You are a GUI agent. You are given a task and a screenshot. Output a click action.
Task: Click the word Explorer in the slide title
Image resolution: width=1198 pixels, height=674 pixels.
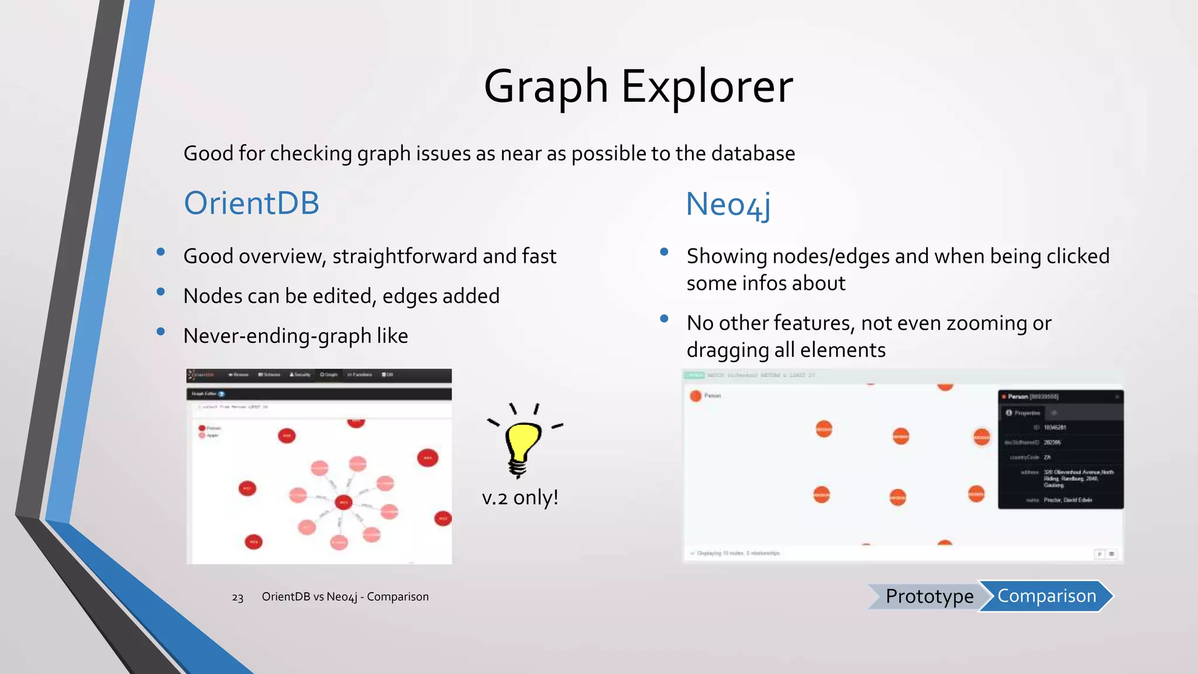pyautogui.click(x=706, y=87)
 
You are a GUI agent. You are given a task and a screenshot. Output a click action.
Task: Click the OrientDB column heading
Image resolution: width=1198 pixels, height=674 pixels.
pyautogui.click(x=252, y=204)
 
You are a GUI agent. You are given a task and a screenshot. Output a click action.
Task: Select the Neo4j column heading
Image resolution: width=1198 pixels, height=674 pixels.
pyautogui.click(x=728, y=205)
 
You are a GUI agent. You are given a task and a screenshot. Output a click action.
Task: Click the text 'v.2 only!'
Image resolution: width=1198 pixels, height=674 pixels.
pyautogui.click(x=519, y=497)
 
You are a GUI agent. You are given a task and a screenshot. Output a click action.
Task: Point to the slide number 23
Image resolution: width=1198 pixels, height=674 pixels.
pyautogui.click(x=237, y=597)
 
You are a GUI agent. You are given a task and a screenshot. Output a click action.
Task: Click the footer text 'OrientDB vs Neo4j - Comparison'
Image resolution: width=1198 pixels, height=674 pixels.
pyautogui.click(x=345, y=597)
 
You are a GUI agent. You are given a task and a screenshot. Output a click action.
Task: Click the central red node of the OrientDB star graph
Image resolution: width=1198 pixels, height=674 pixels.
pyautogui.click(x=343, y=502)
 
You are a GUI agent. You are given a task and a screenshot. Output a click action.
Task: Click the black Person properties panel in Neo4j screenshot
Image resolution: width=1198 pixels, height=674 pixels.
pyautogui.click(x=1060, y=449)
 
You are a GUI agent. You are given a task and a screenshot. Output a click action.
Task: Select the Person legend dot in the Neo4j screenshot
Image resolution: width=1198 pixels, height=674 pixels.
pyautogui.click(x=696, y=396)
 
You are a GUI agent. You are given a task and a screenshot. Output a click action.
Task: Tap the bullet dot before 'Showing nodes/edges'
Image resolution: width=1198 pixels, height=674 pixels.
pyautogui.click(x=664, y=252)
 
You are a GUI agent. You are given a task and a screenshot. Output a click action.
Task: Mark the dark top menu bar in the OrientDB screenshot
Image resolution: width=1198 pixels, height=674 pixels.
pyautogui.click(x=319, y=374)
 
